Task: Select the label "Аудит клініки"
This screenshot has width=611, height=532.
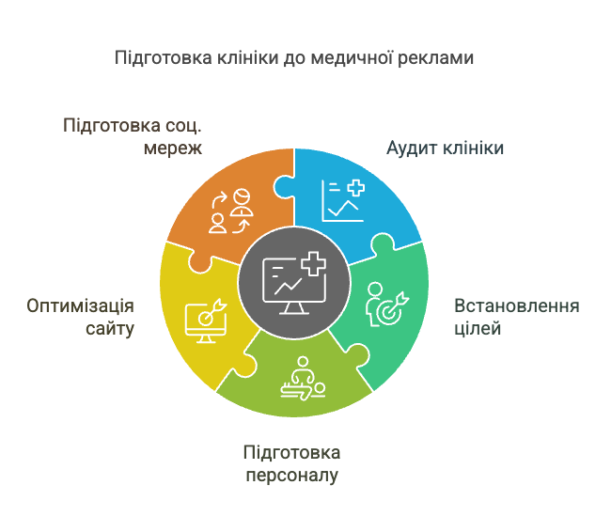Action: pos(446,149)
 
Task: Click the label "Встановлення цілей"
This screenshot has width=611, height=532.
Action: pos(516,318)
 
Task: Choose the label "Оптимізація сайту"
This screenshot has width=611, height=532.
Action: pos(81,318)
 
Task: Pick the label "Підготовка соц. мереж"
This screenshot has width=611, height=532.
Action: pos(135,136)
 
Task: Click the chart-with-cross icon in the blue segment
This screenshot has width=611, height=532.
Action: pos(342,199)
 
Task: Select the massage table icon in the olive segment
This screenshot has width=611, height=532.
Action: pos(303,379)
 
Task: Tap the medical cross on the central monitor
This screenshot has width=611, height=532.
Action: pos(313,264)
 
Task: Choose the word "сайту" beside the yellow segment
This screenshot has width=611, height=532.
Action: pos(111,329)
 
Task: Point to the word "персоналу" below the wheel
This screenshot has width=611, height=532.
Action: pos(291,476)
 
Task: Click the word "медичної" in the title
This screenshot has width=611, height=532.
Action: pos(339,57)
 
